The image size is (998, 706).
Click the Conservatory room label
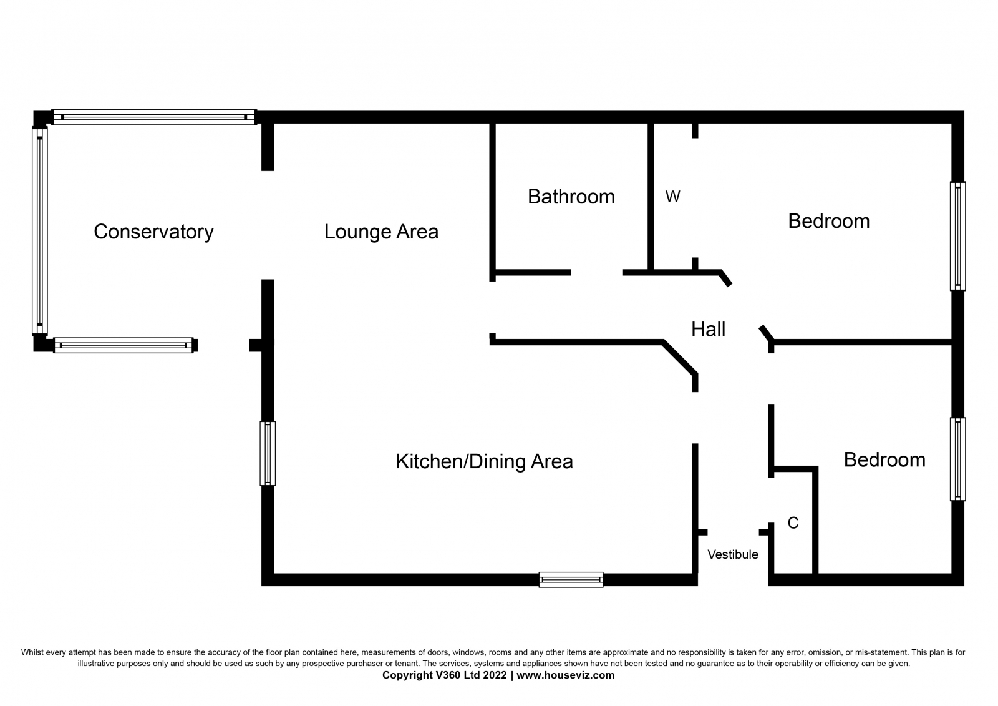(x=153, y=232)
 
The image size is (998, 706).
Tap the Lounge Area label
(x=381, y=232)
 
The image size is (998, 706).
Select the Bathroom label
(x=571, y=197)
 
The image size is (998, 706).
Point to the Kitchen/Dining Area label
(x=484, y=461)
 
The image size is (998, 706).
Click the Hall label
(x=709, y=329)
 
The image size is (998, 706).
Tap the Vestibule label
(x=733, y=554)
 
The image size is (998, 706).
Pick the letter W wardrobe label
(x=673, y=197)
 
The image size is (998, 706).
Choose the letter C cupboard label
(x=793, y=522)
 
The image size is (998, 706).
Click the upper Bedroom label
(x=829, y=221)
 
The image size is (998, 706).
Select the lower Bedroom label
(x=884, y=460)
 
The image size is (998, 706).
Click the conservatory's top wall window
(x=154, y=117)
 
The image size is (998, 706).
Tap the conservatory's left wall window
(x=40, y=230)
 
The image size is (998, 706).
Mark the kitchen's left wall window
(x=268, y=453)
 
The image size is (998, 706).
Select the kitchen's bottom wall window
(x=571, y=580)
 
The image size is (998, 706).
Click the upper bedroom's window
(x=958, y=236)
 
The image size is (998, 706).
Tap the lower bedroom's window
(x=958, y=459)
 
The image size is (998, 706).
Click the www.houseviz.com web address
(x=565, y=675)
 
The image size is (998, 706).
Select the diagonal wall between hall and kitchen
(x=680, y=358)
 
